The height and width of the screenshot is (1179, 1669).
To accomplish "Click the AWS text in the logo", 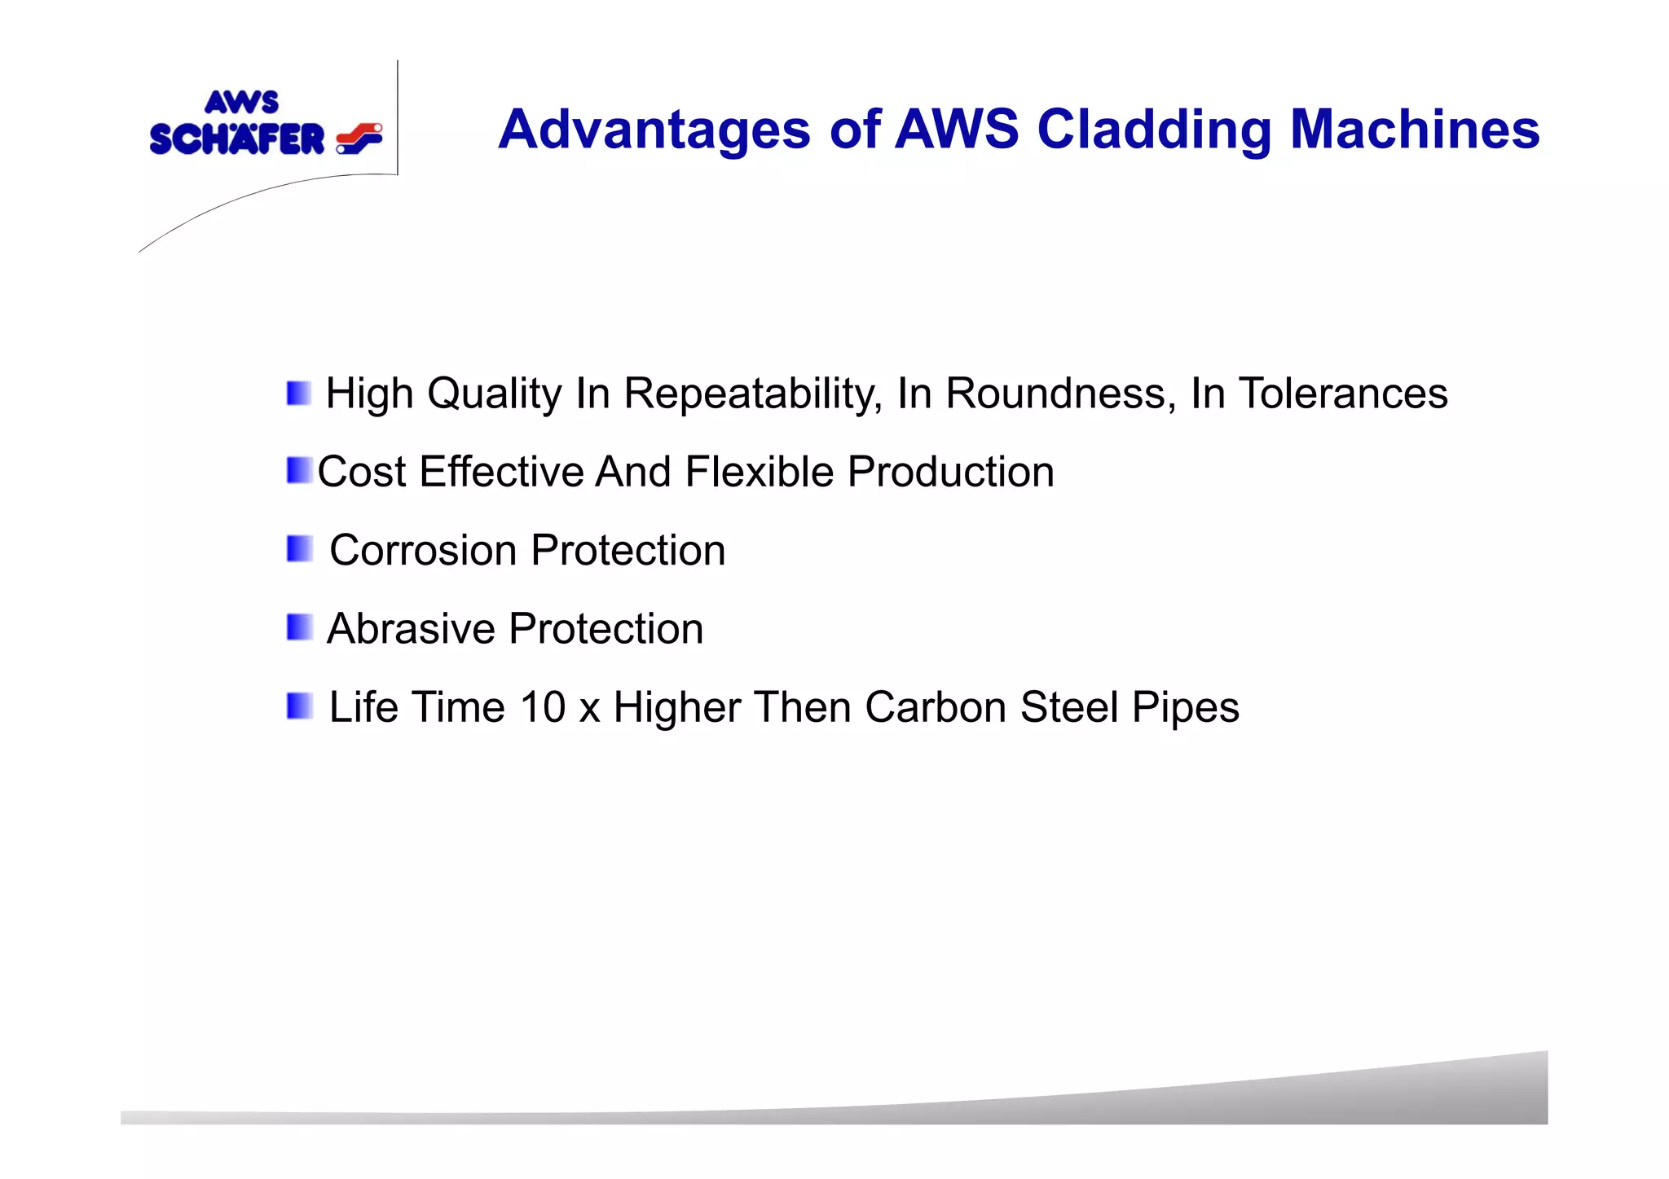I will click(241, 103).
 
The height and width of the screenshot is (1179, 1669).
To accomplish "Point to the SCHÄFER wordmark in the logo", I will click(237, 139).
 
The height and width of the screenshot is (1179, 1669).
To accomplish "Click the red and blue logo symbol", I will click(359, 139).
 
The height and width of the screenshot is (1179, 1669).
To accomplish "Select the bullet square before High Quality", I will click(299, 394).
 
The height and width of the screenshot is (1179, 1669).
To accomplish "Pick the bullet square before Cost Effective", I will click(299, 471).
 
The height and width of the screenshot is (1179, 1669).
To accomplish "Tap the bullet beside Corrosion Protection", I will click(299, 549).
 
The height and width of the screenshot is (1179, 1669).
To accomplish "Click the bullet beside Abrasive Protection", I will click(299, 627).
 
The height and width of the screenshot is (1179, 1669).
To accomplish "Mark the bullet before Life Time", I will click(299, 706).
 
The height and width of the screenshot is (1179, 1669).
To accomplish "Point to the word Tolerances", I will click(1343, 394).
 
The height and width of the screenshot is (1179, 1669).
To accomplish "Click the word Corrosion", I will click(423, 550).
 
